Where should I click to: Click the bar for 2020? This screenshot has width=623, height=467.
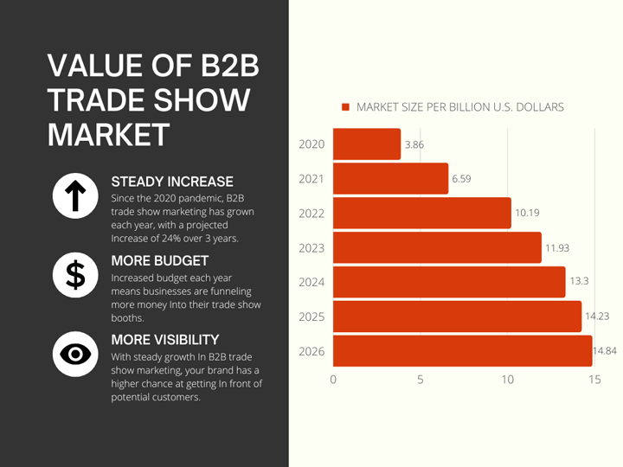(x=367, y=144)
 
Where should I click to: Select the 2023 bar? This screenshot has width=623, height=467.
(x=437, y=248)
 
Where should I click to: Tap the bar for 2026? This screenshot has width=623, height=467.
(x=462, y=351)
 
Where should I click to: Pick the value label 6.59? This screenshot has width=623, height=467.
(x=462, y=179)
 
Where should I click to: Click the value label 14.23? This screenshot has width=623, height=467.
(x=597, y=317)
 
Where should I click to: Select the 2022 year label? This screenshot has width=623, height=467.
(x=311, y=214)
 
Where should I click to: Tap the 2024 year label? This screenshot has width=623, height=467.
(x=311, y=283)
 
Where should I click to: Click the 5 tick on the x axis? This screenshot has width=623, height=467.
(x=421, y=380)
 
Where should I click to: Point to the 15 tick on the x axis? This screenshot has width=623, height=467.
(x=594, y=380)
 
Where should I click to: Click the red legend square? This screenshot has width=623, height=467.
(x=345, y=107)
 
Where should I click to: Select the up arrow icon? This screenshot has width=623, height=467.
(x=75, y=195)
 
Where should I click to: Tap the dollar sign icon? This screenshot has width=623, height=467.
(x=75, y=274)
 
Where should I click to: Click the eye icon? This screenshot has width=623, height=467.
(x=75, y=354)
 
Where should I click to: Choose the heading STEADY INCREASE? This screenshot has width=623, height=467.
(x=172, y=182)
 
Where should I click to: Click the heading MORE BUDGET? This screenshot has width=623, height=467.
(x=160, y=260)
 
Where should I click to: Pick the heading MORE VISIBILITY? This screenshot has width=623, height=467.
(x=165, y=340)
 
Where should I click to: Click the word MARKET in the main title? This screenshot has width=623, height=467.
(x=108, y=134)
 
